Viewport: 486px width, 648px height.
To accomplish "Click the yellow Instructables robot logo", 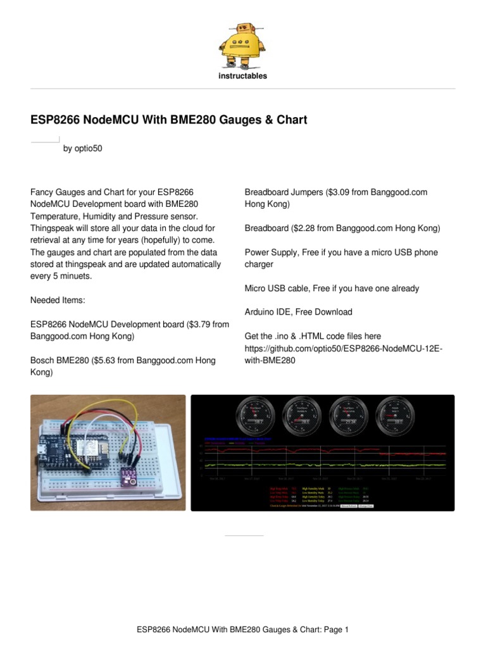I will (242, 45).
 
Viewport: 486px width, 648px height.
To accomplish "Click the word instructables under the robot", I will (243, 76).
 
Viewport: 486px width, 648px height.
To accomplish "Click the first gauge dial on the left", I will (254, 416).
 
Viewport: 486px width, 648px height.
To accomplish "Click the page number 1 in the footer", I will (346, 630).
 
